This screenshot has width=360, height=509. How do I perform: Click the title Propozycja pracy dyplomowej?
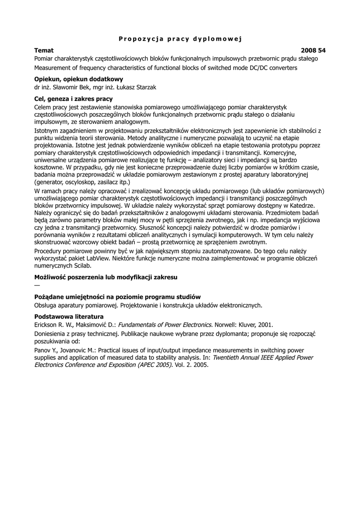point(180,39)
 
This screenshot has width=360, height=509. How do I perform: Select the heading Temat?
point(44,51)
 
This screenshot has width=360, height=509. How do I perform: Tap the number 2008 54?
point(313,51)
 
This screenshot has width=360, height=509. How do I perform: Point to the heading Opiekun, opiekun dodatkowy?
point(79,79)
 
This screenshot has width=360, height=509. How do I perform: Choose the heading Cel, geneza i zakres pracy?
point(73,99)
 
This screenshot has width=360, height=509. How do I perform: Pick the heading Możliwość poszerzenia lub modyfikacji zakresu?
point(105,276)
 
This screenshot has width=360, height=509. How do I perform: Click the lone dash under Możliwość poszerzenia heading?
point(36,285)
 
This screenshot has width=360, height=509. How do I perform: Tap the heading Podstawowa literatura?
point(69,317)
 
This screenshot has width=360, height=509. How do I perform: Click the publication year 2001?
point(265,325)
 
